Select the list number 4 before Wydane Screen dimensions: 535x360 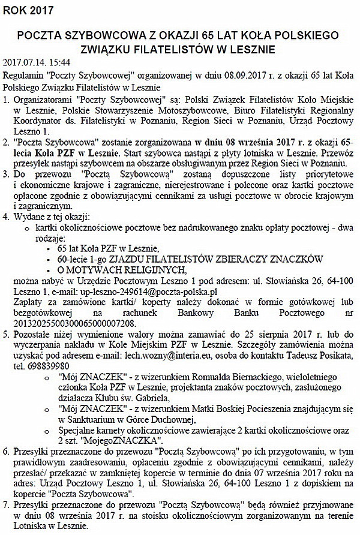pyautogui.click(x=6, y=214)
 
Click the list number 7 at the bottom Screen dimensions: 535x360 pyautogui.click(x=6, y=506)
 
